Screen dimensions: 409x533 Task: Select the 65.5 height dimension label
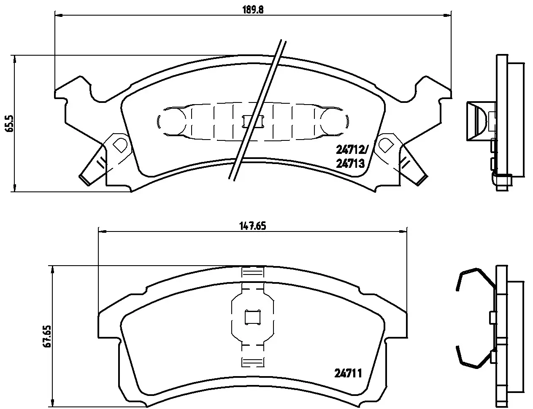[8, 124]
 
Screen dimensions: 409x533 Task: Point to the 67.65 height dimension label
[48, 336]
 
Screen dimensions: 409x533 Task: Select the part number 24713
[350, 164]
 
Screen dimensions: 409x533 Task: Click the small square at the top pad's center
[252, 121]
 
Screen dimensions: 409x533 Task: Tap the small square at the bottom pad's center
[252, 317]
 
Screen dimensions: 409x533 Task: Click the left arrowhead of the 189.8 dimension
[58, 16]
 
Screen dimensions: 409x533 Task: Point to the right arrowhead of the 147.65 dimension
[403, 231]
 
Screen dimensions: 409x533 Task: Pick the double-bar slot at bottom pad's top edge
[252, 273]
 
